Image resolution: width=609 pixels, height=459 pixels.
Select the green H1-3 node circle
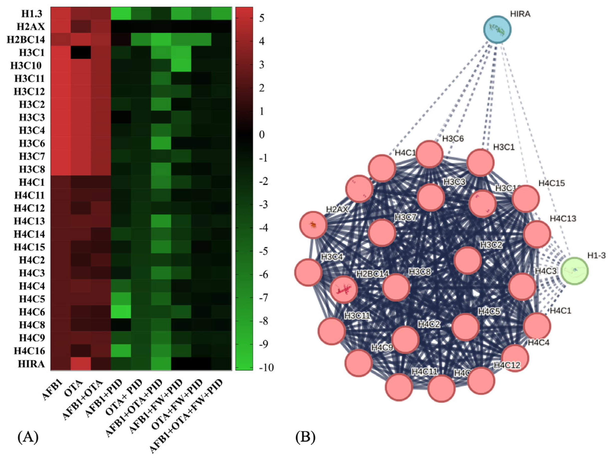574,270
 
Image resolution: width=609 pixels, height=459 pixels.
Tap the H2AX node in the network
313,225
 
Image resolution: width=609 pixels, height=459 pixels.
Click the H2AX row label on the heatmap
31,27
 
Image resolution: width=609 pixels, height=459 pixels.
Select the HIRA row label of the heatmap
31,364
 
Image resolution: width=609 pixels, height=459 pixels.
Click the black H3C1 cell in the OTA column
81,52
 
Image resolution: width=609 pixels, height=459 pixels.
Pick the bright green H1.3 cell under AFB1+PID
121,14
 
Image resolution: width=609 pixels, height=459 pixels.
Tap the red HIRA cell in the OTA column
81,364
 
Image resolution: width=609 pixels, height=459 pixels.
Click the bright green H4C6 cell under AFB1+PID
121,312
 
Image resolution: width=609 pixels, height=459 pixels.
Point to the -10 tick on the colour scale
266,367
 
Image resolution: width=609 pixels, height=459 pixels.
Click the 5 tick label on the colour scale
262,18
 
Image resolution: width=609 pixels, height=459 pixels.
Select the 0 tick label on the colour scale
262,135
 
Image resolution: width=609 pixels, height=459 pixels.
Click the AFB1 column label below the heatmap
53,389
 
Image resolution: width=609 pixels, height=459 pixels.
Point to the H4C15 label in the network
551,183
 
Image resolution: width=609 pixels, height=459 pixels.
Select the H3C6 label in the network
453,138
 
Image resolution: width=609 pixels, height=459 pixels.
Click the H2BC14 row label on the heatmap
26,40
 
